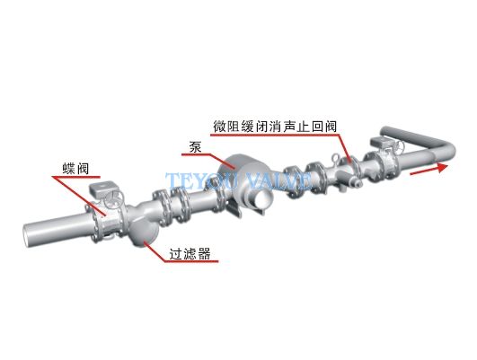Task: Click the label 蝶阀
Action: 75,169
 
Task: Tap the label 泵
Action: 195,147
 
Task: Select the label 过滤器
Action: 190,253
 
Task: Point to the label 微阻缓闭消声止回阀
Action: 275,127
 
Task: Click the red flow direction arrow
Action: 428,170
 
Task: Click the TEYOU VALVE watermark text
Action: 239,181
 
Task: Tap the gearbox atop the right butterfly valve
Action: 381,142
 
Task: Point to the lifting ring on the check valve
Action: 337,158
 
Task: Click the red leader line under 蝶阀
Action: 78,190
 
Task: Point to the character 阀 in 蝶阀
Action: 83,169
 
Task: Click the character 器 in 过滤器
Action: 204,253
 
